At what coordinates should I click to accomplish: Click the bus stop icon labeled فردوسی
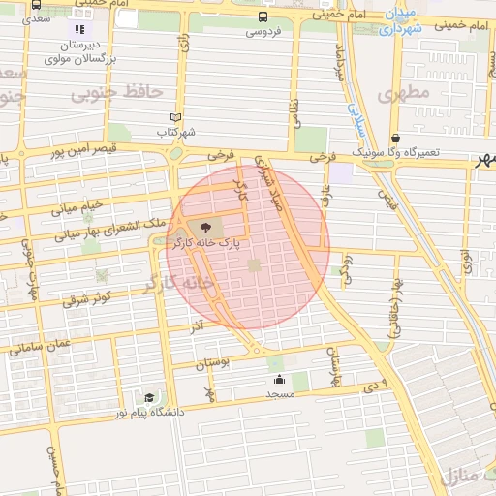coord(263,17)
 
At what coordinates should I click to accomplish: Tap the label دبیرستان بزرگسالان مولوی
coord(79,51)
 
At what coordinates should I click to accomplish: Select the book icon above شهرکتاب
coord(175,117)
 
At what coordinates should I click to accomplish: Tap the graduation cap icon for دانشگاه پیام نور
coord(149,397)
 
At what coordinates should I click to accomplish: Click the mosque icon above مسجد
coord(279,379)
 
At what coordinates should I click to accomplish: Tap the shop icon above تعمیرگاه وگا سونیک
coord(395,139)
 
